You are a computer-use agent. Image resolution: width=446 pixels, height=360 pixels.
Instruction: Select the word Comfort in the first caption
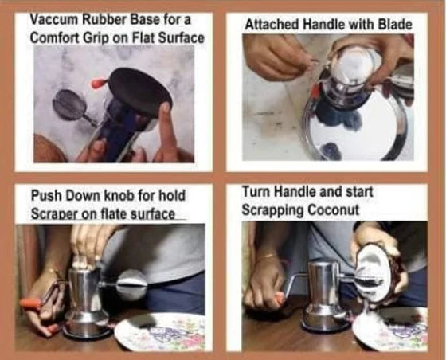[55, 37]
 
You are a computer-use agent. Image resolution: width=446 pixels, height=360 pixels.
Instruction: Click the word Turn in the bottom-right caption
[256, 192]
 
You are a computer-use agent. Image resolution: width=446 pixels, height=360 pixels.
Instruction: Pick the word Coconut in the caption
[333, 210]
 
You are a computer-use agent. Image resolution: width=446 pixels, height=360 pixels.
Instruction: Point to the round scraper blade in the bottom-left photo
[132, 285]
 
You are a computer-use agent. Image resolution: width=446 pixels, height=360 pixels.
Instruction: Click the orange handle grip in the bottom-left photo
[31, 304]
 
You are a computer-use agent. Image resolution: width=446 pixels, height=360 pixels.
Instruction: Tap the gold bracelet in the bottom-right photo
[268, 256]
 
